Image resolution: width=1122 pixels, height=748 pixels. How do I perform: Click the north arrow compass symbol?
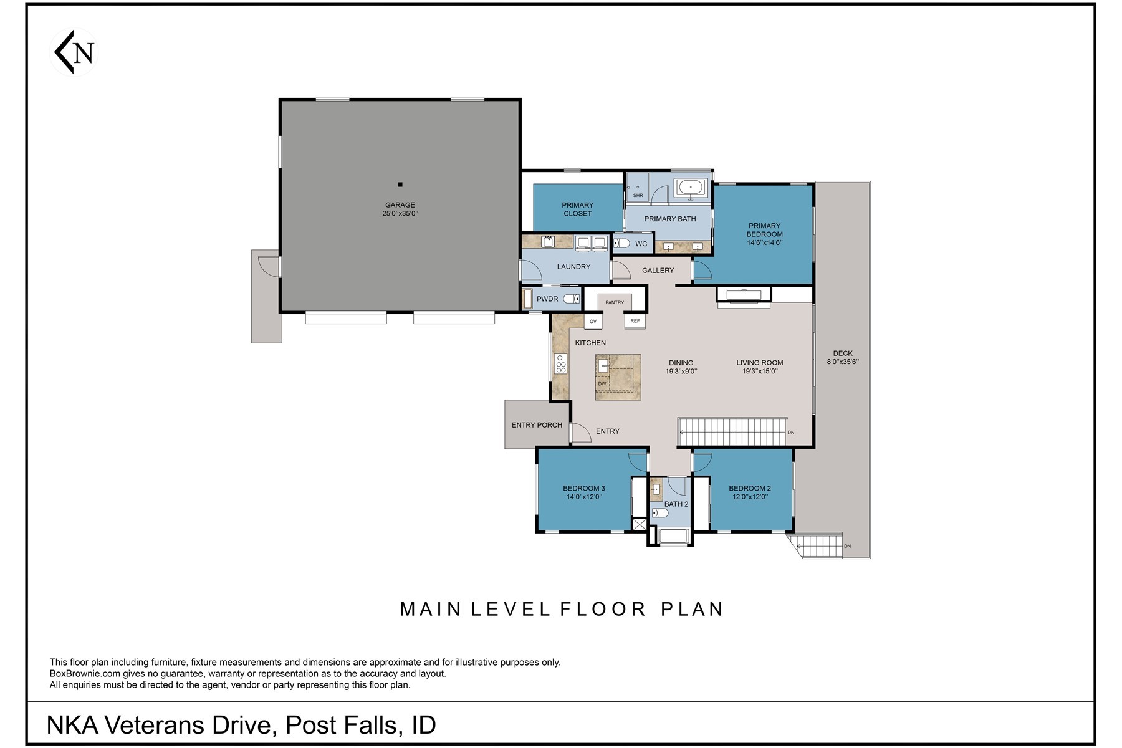click(74, 52)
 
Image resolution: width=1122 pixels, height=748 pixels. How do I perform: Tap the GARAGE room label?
click(400, 205)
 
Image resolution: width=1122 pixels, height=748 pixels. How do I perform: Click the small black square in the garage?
click(400, 185)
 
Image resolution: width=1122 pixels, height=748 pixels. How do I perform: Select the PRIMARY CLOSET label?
click(577, 209)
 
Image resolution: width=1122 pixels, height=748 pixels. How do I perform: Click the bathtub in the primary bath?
click(691, 187)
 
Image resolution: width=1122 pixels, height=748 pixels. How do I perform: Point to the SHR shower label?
click(638, 196)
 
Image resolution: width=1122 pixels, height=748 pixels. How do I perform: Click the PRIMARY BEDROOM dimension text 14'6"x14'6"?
click(764, 243)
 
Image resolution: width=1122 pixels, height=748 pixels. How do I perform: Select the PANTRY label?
click(615, 303)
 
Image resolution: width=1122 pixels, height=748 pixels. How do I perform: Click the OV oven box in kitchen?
click(593, 322)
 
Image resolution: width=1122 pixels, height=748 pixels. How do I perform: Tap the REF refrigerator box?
click(635, 321)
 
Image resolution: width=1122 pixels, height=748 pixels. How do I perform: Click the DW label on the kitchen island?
click(602, 384)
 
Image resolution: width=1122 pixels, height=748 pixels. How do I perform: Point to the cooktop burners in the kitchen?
click(560, 363)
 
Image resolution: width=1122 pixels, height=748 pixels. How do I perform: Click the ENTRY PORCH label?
click(537, 425)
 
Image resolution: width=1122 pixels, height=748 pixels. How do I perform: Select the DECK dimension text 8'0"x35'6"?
click(843, 362)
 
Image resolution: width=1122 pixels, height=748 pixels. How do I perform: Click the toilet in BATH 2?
click(659, 514)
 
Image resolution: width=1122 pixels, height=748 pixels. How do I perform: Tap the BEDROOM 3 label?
click(583, 489)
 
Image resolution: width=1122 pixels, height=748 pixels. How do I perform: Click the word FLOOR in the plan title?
click(603, 609)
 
